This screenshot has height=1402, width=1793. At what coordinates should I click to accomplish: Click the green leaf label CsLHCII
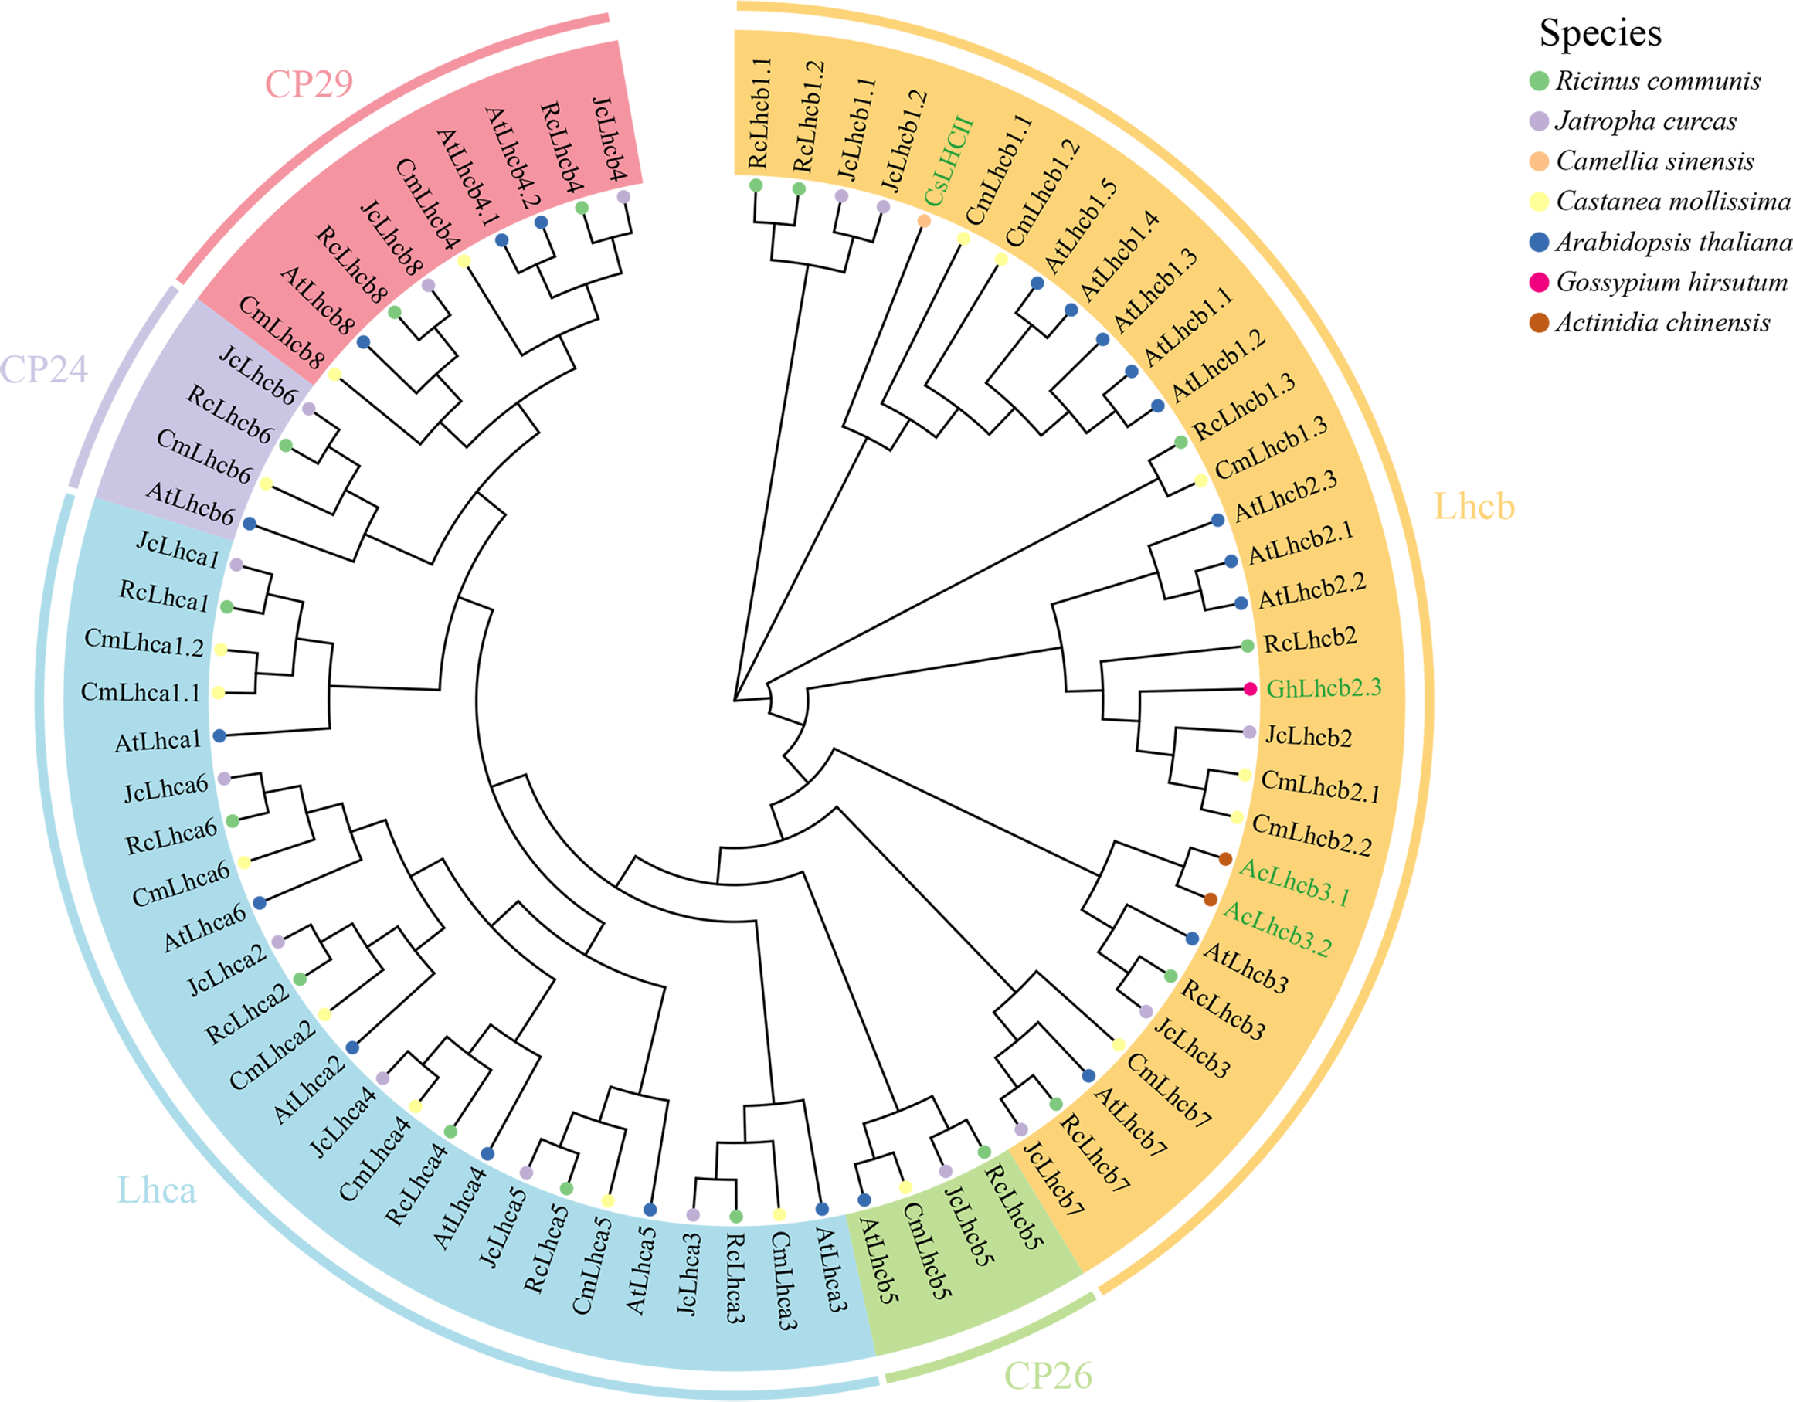pyautogui.click(x=948, y=161)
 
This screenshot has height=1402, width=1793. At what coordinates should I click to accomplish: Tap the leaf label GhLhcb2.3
pyautogui.click(x=1323, y=687)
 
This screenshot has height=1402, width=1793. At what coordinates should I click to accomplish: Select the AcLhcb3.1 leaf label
pyautogui.click(x=1295, y=882)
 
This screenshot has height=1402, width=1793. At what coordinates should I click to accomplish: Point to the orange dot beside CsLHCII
pyautogui.click(x=924, y=220)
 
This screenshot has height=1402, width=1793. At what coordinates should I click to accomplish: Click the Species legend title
pyautogui.click(x=1600, y=33)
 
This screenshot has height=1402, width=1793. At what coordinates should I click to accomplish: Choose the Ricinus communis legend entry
pyautogui.click(x=1658, y=80)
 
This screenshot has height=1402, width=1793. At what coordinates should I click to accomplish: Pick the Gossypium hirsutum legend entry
pyautogui.click(x=1671, y=283)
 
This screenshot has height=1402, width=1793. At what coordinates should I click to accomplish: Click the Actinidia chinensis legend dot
pyautogui.click(x=1540, y=323)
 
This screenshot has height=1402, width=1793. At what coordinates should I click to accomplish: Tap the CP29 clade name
pyautogui.click(x=309, y=83)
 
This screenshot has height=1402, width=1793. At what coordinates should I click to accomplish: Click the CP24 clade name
pyautogui.click(x=43, y=369)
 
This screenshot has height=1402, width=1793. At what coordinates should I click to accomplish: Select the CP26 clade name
pyautogui.click(x=1048, y=1376)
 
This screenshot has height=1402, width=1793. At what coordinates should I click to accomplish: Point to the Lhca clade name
pyautogui.click(x=157, y=1190)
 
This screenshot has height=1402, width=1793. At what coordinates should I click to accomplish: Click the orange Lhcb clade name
pyautogui.click(x=1474, y=507)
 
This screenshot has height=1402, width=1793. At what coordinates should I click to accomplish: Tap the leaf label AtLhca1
pyautogui.click(x=158, y=742)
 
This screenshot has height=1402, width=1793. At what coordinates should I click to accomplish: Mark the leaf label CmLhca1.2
pyautogui.click(x=144, y=643)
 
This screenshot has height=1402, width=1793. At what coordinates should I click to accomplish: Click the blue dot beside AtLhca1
pyautogui.click(x=219, y=736)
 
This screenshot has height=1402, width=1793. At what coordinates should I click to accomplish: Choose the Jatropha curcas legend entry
pyautogui.click(x=1645, y=121)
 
